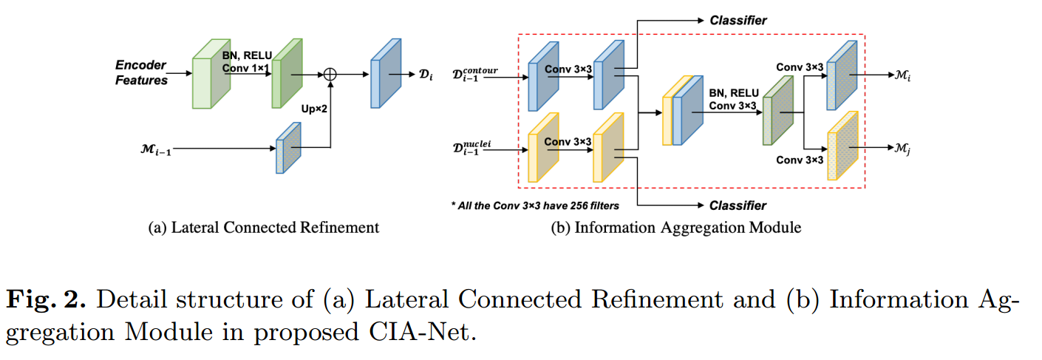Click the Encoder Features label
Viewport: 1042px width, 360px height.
[140, 72]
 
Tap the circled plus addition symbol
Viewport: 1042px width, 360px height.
[330, 74]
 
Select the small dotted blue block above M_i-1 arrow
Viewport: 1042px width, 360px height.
[289, 147]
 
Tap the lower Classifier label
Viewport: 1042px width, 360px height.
[738, 205]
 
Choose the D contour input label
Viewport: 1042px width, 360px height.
[479, 75]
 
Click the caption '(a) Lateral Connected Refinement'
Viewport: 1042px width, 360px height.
[264, 228]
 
